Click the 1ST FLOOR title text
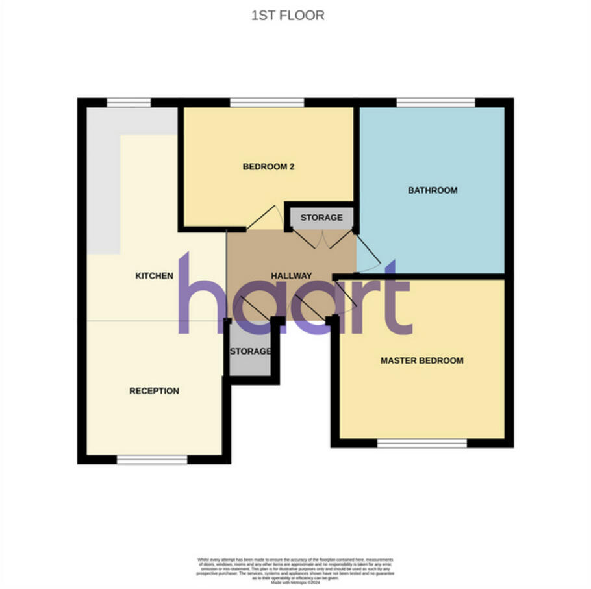pyautogui.click(x=288, y=16)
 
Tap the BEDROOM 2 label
pyautogui.click(x=268, y=167)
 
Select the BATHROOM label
pyautogui.click(x=433, y=190)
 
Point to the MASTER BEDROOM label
pyautogui.click(x=422, y=360)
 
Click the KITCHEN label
pyautogui.click(x=154, y=276)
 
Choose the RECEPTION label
pyautogui.click(x=154, y=391)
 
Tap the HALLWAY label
pyautogui.click(x=292, y=276)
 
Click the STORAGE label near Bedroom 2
pyautogui.click(x=321, y=218)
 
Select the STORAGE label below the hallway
pyautogui.click(x=250, y=351)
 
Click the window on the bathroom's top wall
pyautogui.click(x=436, y=102)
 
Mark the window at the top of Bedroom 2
pyautogui.click(x=267, y=102)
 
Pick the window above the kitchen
pyautogui.click(x=129, y=102)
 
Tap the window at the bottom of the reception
pyautogui.click(x=152, y=460)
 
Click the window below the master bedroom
pyautogui.click(x=422, y=444)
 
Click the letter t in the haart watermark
pyautogui.click(x=396, y=299)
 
